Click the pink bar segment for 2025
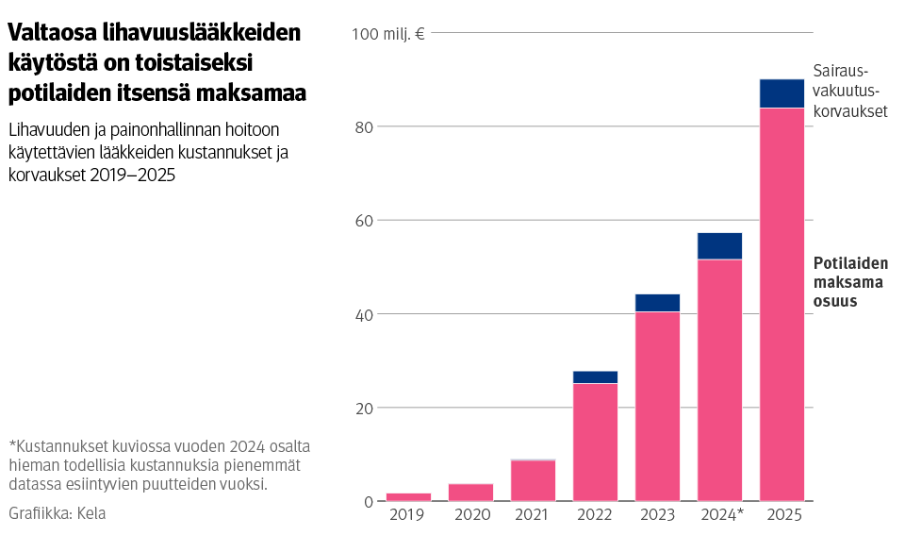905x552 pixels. (782, 304)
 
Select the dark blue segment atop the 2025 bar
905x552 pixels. (782, 93)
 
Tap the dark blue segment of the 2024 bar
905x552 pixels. (719, 245)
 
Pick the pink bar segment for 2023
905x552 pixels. (657, 406)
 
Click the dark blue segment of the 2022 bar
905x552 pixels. (595, 377)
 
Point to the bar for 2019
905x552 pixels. (408, 496)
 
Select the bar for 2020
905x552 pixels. (470, 492)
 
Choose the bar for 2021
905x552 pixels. (533, 480)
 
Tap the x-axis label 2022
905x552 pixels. (595, 515)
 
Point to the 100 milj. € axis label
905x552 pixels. (388, 34)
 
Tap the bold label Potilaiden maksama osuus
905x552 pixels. (847, 282)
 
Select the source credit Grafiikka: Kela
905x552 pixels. (58, 513)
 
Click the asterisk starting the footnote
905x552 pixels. (12, 445)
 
